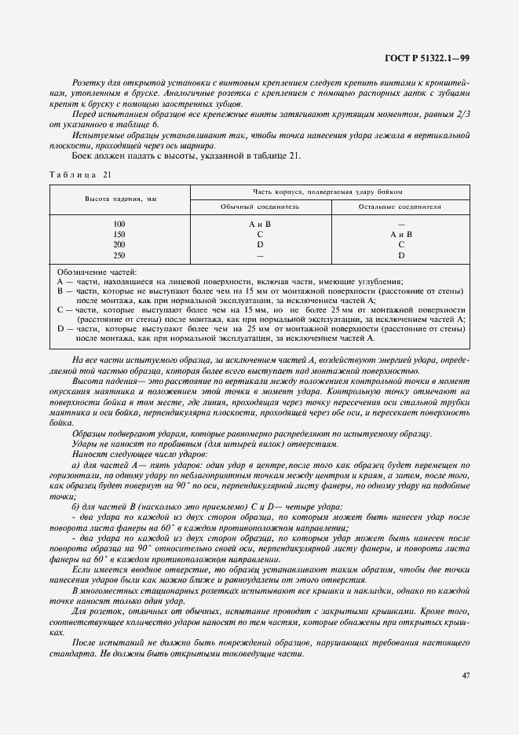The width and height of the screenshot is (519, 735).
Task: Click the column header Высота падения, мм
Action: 119,199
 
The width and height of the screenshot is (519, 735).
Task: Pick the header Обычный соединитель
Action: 260,206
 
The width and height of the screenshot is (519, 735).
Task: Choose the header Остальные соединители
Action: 400,206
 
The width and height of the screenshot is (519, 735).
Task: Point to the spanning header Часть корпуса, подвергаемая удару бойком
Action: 328,192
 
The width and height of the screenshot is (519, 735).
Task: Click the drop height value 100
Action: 119,225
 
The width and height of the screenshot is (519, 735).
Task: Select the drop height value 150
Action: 119,235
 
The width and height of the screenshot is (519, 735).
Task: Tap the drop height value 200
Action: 119,245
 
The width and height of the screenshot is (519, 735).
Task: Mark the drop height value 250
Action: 119,255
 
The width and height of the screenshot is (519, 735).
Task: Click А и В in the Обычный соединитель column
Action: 260,225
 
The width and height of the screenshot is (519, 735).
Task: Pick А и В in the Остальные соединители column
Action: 400,235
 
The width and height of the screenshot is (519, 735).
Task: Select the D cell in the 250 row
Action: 400,255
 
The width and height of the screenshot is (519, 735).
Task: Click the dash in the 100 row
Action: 400,225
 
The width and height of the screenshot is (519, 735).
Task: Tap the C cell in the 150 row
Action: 260,235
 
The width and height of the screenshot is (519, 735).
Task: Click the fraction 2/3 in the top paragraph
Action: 462,115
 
